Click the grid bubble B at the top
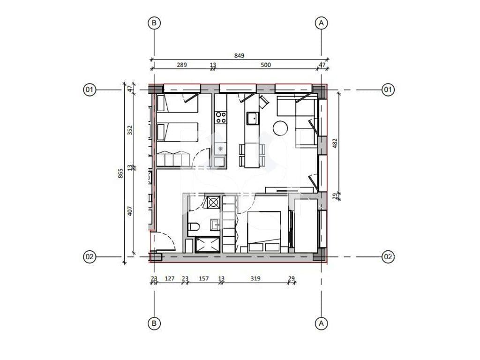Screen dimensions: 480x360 click(x=154, y=22)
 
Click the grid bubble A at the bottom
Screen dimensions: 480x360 click(x=321, y=323)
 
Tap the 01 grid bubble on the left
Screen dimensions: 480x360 click(x=90, y=90)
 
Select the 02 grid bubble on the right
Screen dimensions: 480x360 click(x=388, y=256)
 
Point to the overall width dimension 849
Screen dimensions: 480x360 click(x=239, y=55)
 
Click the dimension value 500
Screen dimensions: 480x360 click(x=266, y=65)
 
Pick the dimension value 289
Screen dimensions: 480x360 click(x=182, y=65)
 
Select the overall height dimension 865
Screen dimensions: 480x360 click(x=120, y=173)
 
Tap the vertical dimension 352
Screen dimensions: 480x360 click(x=130, y=130)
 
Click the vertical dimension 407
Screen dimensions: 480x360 click(x=130, y=211)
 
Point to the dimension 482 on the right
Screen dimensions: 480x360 click(x=335, y=143)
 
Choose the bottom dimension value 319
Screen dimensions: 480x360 click(x=255, y=278)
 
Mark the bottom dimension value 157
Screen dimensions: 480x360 click(x=203, y=278)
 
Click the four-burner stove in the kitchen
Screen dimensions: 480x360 click(x=221, y=118)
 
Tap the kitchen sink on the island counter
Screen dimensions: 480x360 click(x=253, y=119)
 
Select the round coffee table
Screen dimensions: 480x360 click(x=280, y=128)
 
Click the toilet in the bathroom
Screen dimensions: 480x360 click(x=194, y=227)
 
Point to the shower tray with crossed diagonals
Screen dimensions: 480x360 click(x=207, y=245)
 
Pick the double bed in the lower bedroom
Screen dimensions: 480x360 click(x=264, y=232)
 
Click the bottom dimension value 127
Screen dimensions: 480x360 click(x=169, y=278)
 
